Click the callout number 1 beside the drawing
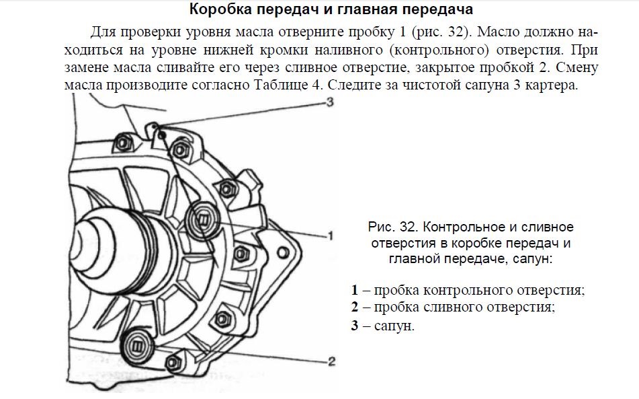pyautogui.click(x=329, y=235)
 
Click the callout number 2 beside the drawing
pyautogui.click(x=331, y=361)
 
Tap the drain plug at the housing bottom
pyautogui.click(x=137, y=346)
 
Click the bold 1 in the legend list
pyautogui.click(x=354, y=291)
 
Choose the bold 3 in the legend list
pyautogui.click(x=354, y=326)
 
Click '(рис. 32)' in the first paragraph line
pyautogui.click(x=435, y=32)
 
